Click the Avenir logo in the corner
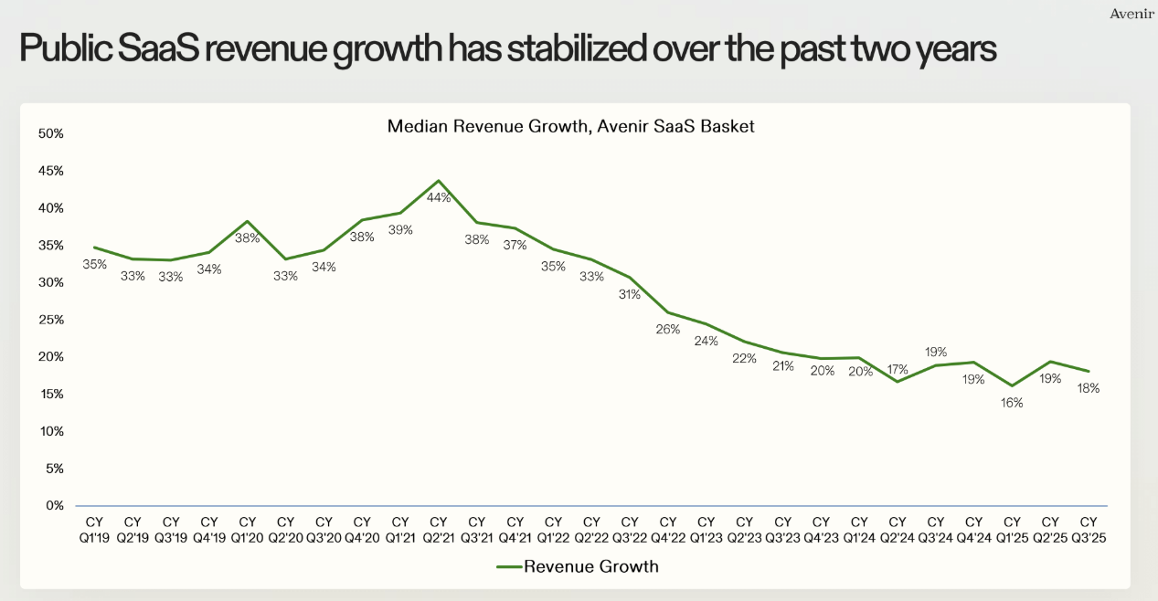coord(1131,13)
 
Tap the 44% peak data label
coord(439,197)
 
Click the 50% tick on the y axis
coord(51,133)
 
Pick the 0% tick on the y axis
coord(55,505)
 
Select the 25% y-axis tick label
coord(51,320)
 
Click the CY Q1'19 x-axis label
coord(95,530)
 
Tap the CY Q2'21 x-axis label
coord(439,530)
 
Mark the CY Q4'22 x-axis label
coord(667,530)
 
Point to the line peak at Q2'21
coord(439,181)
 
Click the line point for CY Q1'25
coord(1012,385)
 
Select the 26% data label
coord(667,329)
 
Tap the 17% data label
coord(897,370)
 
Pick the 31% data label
coord(630,294)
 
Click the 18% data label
coord(1088,388)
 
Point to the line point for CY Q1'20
coord(247,221)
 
